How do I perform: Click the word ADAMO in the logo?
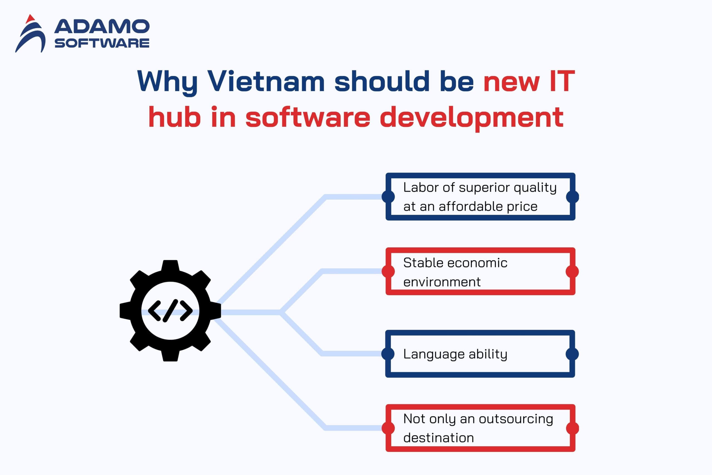(102, 27)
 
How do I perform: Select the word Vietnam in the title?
(266, 81)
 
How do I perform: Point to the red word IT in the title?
(562, 81)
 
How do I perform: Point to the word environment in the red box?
(442, 282)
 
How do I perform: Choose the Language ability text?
(455, 354)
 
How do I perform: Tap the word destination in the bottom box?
(438, 438)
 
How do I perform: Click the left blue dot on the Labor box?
(388, 197)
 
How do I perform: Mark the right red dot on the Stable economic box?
(572, 271)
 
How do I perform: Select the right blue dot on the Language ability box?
(572, 354)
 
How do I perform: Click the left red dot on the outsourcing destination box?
(388, 428)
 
